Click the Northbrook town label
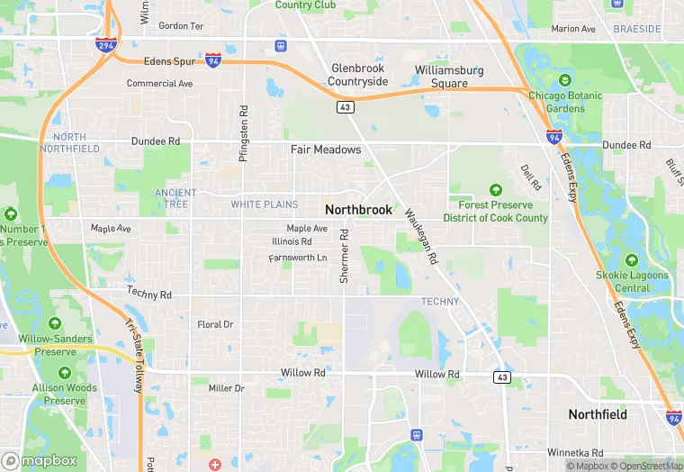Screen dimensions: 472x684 coord(358,210)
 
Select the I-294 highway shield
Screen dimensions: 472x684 coord(106,44)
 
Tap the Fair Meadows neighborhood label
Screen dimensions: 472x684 coord(325,150)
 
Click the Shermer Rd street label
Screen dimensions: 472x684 coord(344,256)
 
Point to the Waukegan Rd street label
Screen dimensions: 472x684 coord(420,236)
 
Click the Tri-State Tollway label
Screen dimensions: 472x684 coord(133,356)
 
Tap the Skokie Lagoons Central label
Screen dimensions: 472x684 coord(632,281)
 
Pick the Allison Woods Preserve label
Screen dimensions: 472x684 coord(65,394)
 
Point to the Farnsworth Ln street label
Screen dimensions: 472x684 coord(298,259)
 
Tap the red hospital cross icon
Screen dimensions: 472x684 coord(214,465)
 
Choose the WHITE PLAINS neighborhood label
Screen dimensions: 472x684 coord(264,205)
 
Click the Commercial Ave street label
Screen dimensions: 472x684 coord(159,84)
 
